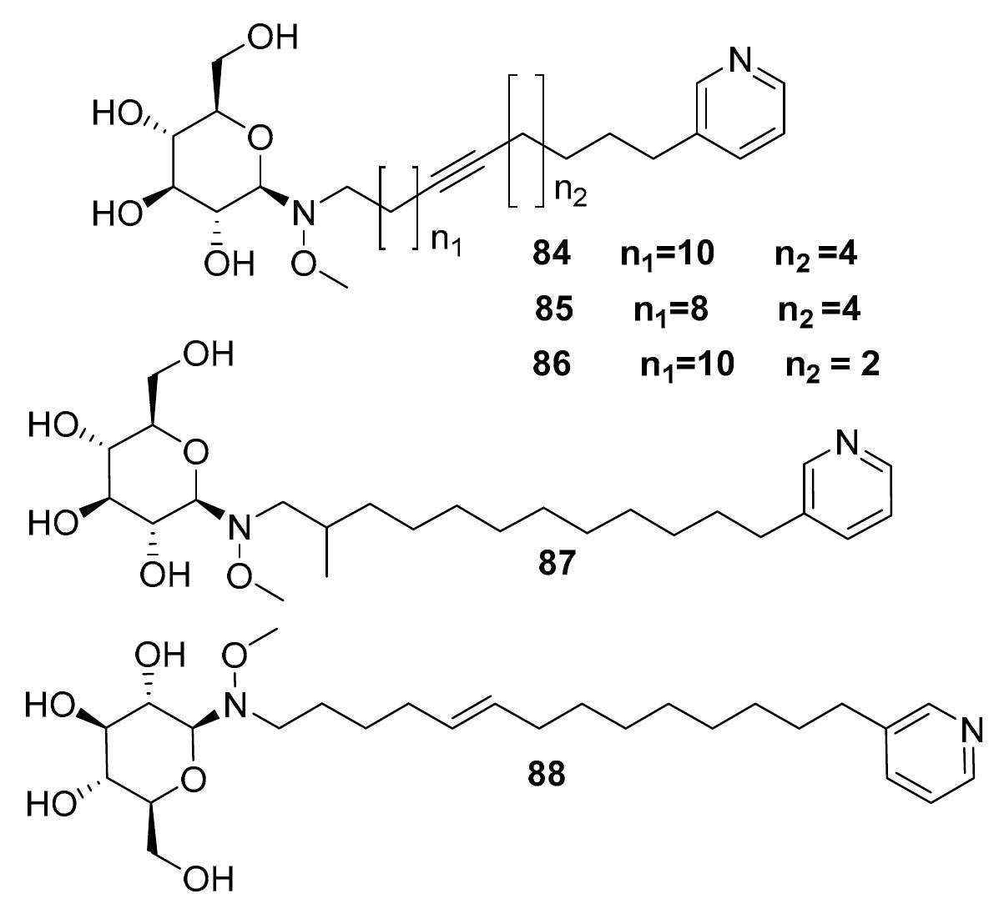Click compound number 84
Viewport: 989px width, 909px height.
[x=553, y=254]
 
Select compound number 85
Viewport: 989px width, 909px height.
[x=554, y=309]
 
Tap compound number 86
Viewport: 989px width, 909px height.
[x=553, y=365]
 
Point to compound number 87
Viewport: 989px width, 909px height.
[x=557, y=565]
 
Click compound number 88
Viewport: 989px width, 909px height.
[x=547, y=776]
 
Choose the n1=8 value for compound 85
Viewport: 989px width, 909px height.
[x=670, y=309]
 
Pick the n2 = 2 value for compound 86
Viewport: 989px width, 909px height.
[x=832, y=365]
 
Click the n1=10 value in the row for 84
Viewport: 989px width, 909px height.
[x=667, y=254]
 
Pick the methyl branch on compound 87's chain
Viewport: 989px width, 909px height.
[x=328, y=551]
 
